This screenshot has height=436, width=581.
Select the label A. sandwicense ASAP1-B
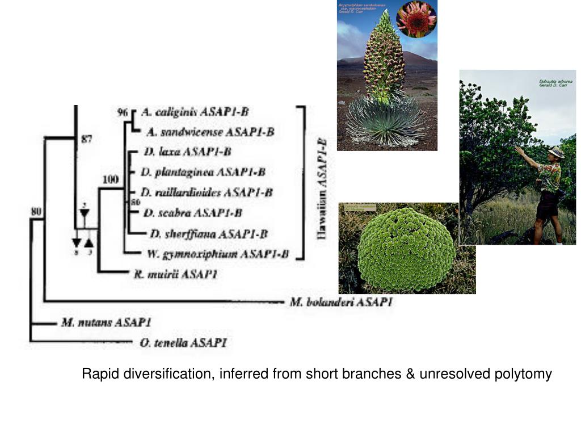point(210,132)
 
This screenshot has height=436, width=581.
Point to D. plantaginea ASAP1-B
point(204,171)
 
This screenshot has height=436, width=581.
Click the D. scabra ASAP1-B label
point(192,213)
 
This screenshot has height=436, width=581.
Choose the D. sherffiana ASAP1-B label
point(209,233)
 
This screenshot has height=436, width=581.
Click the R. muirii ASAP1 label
point(175,274)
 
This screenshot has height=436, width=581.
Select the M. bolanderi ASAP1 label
point(341,302)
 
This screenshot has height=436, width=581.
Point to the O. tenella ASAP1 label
point(183,342)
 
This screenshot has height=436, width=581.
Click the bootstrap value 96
point(123,112)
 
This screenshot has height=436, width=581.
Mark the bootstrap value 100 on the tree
point(110,179)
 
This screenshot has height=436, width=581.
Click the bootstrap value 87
point(86,139)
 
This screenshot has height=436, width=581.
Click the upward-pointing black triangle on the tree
point(89,243)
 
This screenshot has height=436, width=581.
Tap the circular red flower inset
point(416,19)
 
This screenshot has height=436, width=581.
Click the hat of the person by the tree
point(556,152)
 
